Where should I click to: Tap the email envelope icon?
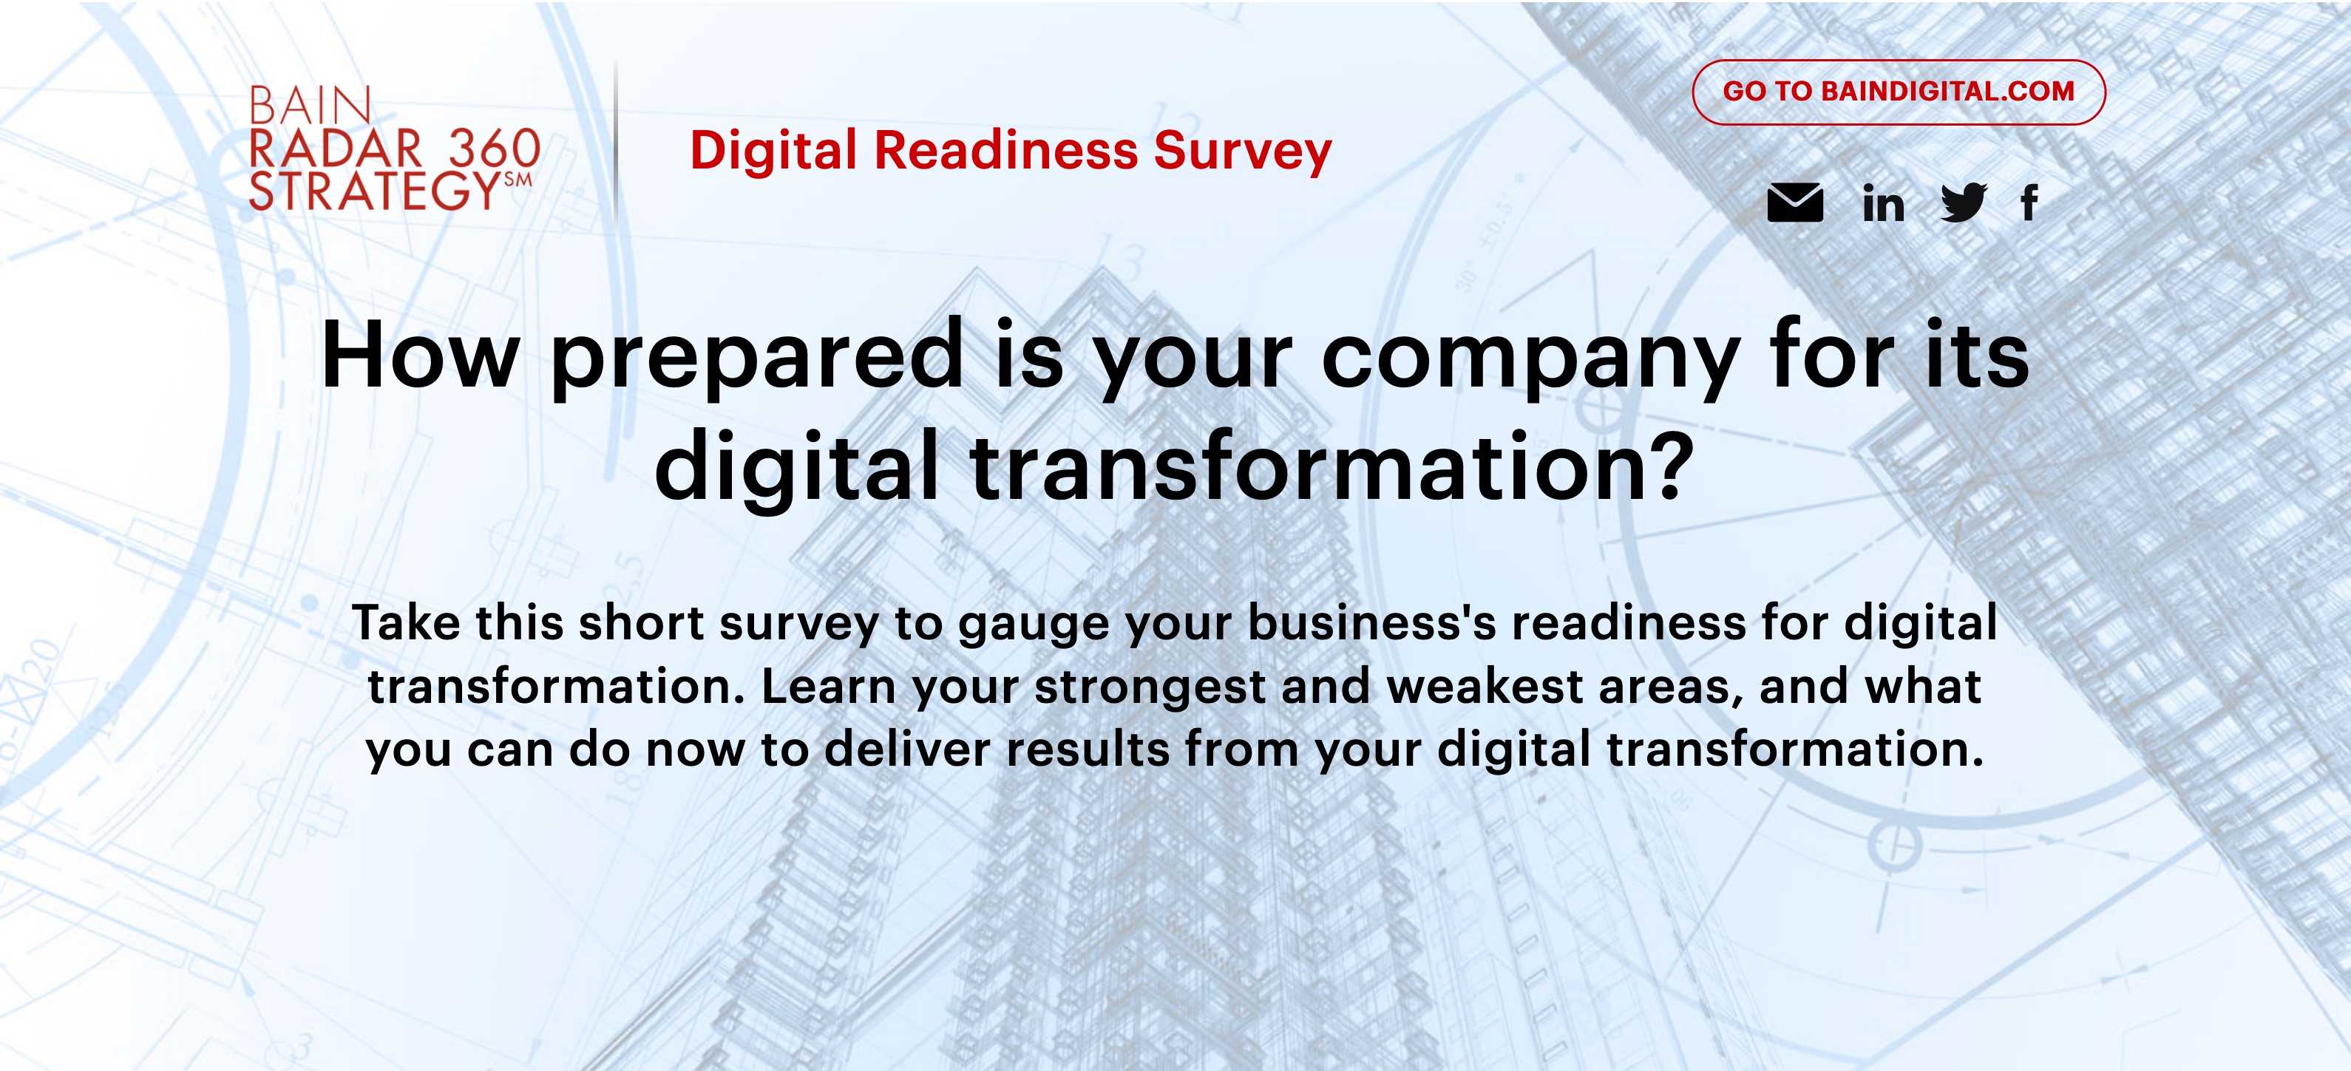pyautogui.click(x=1795, y=203)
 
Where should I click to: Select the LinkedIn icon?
pyautogui.click(x=1883, y=203)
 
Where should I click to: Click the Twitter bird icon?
pyautogui.click(x=1963, y=203)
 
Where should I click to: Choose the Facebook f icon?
pyautogui.click(x=2029, y=203)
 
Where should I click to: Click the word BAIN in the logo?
pyautogui.click(x=311, y=106)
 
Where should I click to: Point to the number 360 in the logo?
pyautogui.click(x=495, y=149)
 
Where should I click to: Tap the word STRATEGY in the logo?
pyautogui.click(x=374, y=191)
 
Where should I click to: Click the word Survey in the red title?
pyautogui.click(x=1242, y=152)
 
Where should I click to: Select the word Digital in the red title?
pyautogui.click(x=774, y=152)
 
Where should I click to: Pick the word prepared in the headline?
pyautogui.click(x=758, y=358)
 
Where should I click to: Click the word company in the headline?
pyautogui.click(x=1530, y=358)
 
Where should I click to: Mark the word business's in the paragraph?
pyautogui.click(x=1371, y=623)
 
